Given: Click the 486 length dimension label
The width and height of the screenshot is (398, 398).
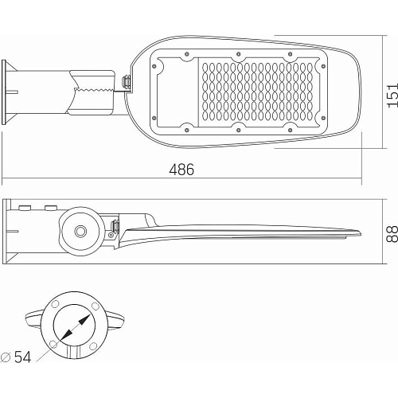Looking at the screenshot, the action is coord(181,170).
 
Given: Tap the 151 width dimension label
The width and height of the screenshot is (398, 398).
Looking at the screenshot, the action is coord(392,96).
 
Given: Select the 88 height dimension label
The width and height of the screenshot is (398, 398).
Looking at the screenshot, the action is coord(392,234).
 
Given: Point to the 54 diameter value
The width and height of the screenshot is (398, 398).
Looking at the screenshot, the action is coord(22,357).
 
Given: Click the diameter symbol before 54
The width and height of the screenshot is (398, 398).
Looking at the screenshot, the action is coord(6,357).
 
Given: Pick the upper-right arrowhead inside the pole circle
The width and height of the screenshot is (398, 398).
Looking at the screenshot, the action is coord(84,320).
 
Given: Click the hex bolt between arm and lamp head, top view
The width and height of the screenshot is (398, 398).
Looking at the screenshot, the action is coord(126,82).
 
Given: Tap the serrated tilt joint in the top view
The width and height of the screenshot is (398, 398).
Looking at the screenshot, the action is coord(94,91).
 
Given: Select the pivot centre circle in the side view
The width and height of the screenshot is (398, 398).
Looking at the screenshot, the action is coord(80,231).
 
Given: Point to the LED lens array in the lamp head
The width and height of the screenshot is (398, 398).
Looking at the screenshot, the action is coord(257,92).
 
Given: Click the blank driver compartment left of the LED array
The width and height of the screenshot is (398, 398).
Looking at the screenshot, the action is coord(178,92).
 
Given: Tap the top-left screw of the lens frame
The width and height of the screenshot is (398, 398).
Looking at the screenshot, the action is coord(154,66).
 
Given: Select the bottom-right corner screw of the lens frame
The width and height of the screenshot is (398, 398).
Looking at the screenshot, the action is coord(323,118).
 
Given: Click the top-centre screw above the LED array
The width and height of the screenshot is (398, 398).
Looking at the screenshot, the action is coord(238,54).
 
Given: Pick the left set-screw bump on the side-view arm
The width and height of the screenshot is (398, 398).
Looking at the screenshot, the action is coord(25,208).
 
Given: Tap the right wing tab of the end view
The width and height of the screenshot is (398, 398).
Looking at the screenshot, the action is coord(116,320).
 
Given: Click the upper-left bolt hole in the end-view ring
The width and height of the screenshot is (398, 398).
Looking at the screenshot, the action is coord(55,304).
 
